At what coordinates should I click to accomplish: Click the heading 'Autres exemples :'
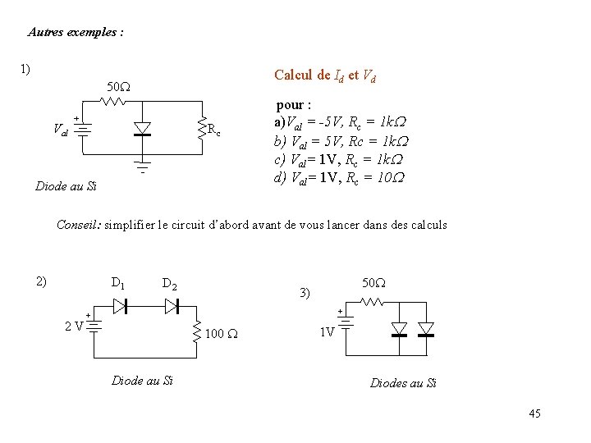coord(76,33)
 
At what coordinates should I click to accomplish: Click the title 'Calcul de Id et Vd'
coord(325,75)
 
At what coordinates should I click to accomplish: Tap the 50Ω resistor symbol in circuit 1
coord(112,102)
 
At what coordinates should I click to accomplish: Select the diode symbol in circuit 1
coord(142,128)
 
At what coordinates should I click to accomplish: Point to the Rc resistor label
coord(213,129)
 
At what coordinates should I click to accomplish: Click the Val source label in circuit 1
coord(60,129)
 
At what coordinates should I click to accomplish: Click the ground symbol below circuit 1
coord(142,167)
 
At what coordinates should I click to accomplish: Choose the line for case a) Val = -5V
coord(341,120)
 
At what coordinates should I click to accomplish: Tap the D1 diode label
coord(117,284)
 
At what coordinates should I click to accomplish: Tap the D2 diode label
coord(170,285)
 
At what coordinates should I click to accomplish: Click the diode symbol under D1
coord(119,306)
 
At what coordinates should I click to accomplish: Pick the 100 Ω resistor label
coord(221,334)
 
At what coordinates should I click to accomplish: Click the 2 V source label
coord(74,326)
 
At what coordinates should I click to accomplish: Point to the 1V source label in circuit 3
coord(327,332)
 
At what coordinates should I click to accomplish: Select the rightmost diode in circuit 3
coord(425,329)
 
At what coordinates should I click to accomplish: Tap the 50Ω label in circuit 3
coord(373,283)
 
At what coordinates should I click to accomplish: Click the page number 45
coord(534,413)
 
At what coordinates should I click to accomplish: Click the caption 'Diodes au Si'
coord(403,383)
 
